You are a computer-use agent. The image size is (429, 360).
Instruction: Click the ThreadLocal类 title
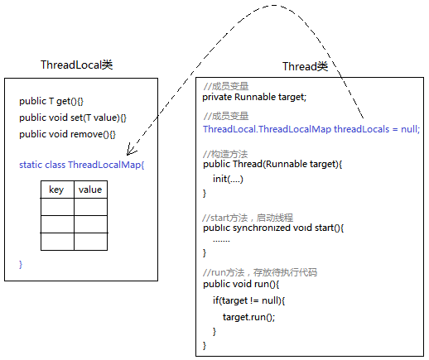77,65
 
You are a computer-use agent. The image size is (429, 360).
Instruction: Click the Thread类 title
305,66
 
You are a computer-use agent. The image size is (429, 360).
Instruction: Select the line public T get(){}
51,101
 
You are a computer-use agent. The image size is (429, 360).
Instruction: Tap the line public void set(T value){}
73,118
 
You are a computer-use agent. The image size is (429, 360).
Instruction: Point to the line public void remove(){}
67,134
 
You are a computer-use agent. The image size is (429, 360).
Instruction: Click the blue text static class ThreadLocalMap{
81,165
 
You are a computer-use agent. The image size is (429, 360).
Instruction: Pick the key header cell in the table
57,190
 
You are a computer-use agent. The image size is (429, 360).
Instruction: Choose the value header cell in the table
90,190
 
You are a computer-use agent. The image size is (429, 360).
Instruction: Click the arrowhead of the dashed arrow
130,151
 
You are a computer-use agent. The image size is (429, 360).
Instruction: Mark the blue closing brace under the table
21,264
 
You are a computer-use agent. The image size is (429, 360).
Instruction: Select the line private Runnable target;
254,97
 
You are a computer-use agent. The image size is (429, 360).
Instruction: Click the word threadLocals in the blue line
362,129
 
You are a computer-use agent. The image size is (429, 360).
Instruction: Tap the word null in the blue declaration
410,129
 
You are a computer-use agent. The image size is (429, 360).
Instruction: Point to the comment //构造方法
225,154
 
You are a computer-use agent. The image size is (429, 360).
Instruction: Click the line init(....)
228,179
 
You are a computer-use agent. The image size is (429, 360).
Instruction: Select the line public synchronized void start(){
273,228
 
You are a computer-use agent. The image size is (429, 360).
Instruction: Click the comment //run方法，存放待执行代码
260,272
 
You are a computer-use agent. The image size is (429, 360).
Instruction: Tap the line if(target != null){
248,300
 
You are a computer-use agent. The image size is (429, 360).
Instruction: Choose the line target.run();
248,317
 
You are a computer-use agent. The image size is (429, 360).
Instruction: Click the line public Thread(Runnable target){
272,164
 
